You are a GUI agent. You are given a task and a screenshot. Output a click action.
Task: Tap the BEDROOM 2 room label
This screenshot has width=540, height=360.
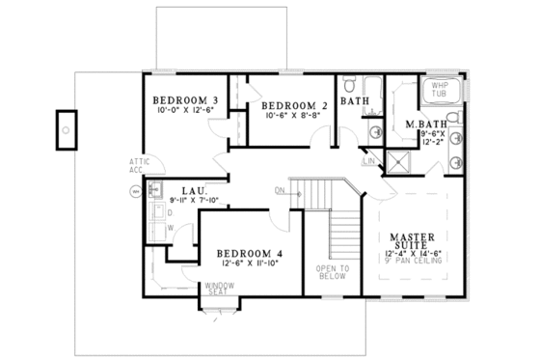(289, 104)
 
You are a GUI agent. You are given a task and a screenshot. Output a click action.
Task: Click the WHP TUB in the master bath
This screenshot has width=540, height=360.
(440, 93)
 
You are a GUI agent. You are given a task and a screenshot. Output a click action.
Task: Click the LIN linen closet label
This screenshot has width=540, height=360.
(368, 161)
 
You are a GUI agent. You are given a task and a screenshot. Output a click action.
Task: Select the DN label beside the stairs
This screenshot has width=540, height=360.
(281, 190)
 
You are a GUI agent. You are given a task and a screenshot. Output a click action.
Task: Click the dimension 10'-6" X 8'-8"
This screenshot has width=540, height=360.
(289, 116)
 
